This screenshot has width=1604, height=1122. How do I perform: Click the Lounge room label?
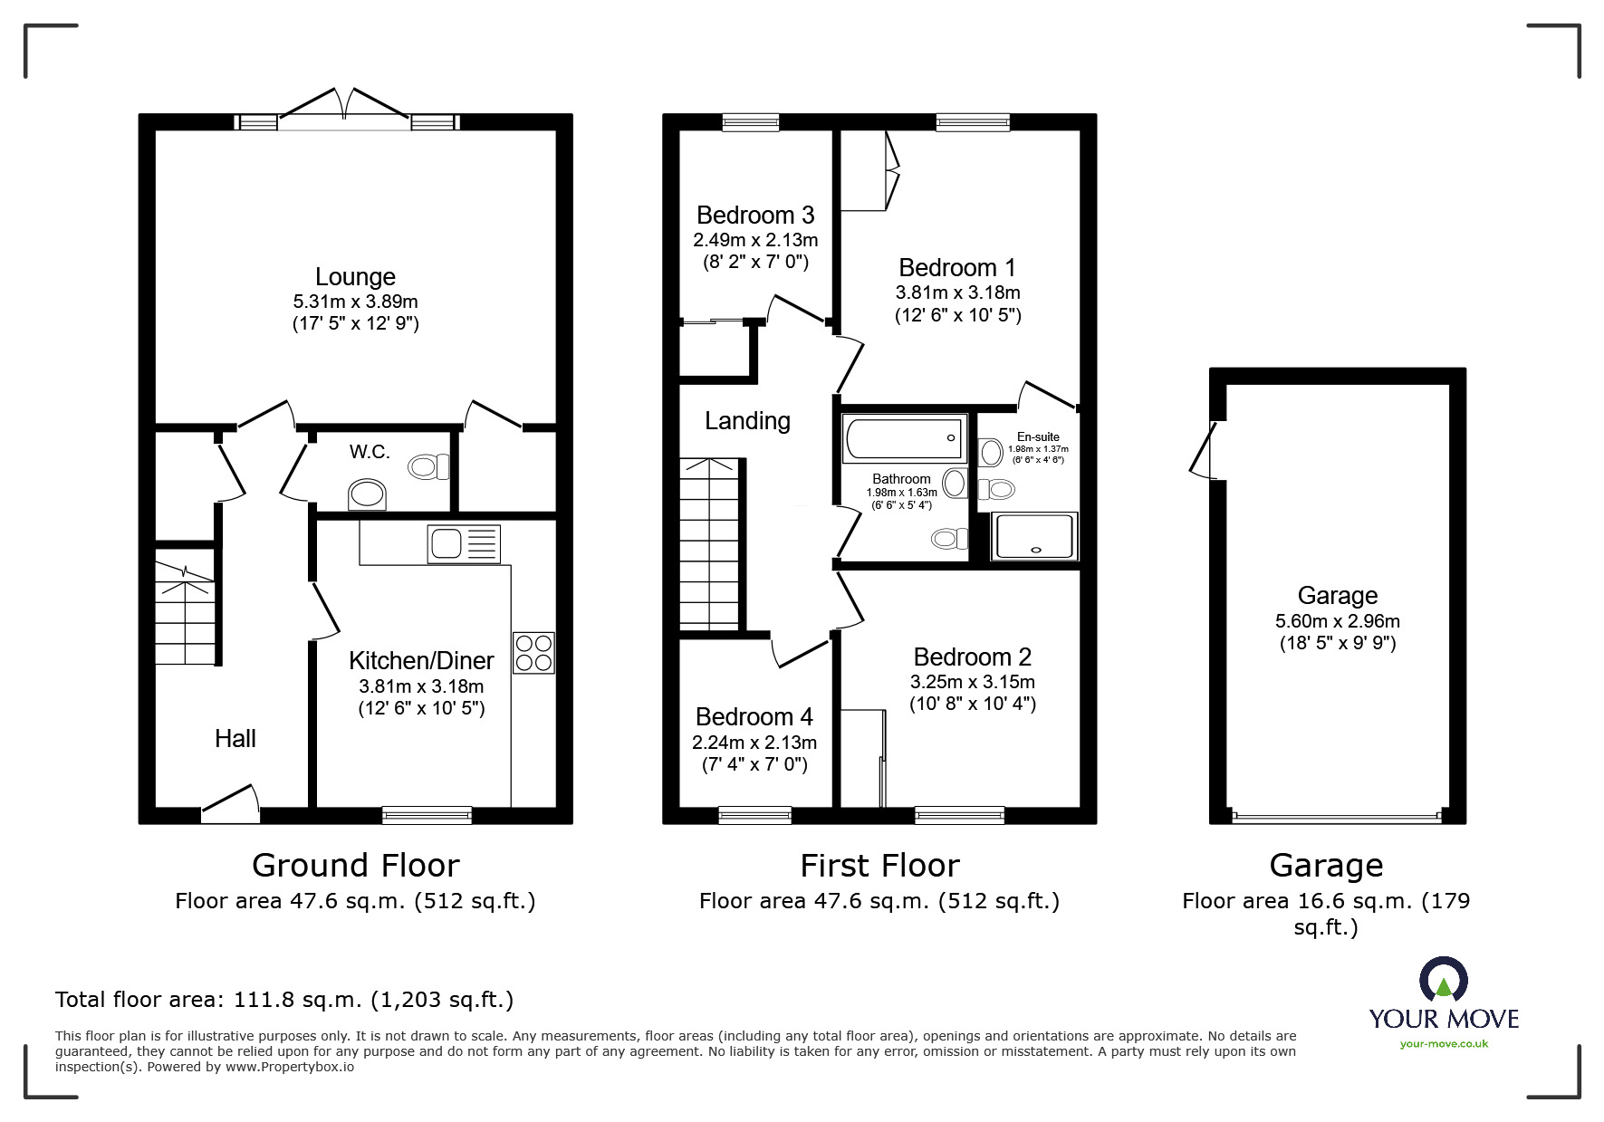[x=355, y=277]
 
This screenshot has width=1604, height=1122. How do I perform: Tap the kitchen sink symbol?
[x=463, y=544]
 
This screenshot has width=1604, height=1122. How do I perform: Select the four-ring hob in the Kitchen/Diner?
[x=533, y=653]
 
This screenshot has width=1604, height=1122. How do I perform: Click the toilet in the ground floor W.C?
[x=428, y=467]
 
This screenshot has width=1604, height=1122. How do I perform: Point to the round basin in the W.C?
[x=367, y=495]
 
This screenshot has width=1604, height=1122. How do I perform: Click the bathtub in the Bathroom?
[x=903, y=438]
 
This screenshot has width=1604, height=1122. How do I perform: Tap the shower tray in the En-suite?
[x=1035, y=535]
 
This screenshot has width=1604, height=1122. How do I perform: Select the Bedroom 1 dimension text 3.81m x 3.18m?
[x=957, y=292]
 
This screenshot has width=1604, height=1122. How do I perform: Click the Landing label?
[x=747, y=421]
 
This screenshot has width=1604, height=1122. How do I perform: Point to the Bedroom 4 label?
[x=754, y=717]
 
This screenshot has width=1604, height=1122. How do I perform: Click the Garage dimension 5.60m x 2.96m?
[x=1337, y=621]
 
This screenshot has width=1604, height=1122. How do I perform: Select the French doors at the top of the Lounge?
[x=344, y=106]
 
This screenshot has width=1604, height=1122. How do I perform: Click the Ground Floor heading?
[x=355, y=866]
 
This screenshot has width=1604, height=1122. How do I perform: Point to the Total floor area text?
[x=284, y=1000]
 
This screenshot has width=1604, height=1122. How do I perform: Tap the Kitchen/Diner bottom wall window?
[x=427, y=815]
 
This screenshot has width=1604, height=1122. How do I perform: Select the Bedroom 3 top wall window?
[x=751, y=122]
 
